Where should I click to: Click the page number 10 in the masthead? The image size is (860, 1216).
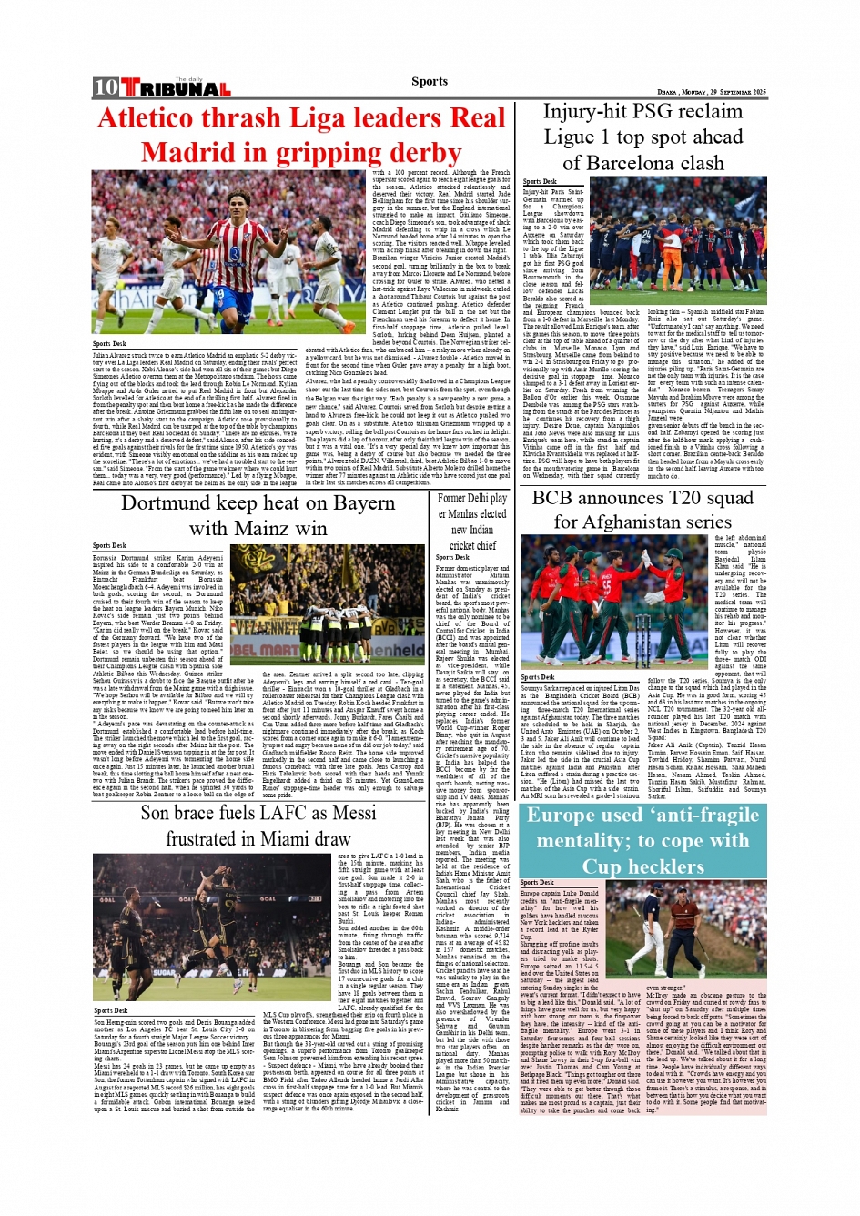(x=106, y=87)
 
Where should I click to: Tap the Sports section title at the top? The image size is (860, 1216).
(x=430, y=81)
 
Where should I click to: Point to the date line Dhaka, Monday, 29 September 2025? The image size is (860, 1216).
(x=712, y=92)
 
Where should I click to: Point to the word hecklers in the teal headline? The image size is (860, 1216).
(x=655, y=866)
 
